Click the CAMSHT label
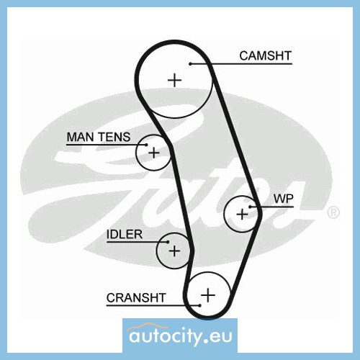[265, 55]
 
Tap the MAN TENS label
[99, 137]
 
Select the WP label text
[284, 199]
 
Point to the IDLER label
[125, 235]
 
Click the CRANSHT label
[136, 298]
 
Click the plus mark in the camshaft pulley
[174, 80]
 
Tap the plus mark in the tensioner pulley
[154, 153]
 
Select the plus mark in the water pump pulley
[242, 214]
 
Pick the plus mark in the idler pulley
[174, 251]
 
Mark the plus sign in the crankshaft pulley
[208, 295]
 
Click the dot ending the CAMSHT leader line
[190, 64]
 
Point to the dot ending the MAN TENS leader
[146, 145]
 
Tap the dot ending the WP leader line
[250, 207]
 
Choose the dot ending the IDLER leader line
[168, 242]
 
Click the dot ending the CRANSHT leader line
[199, 305]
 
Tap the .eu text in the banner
[218, 336]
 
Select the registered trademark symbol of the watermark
[333, 212]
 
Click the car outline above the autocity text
[148, 327]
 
